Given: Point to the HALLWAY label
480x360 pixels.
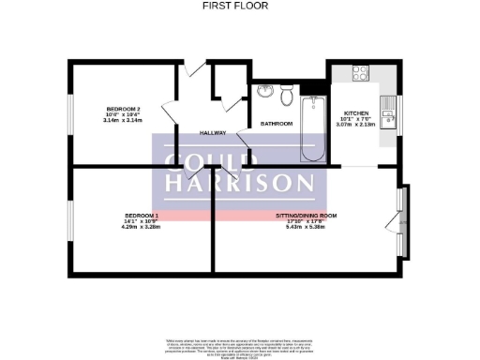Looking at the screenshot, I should [213, 132].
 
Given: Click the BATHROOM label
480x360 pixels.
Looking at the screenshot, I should [277, 124].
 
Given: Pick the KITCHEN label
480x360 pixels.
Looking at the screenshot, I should [357, 112].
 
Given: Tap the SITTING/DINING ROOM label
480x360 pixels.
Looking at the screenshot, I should [306, 215].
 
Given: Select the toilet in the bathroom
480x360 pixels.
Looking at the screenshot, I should [287, 95].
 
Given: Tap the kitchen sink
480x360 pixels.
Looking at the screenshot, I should [390, 114].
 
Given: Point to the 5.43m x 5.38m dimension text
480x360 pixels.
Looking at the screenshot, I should [306, 227].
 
